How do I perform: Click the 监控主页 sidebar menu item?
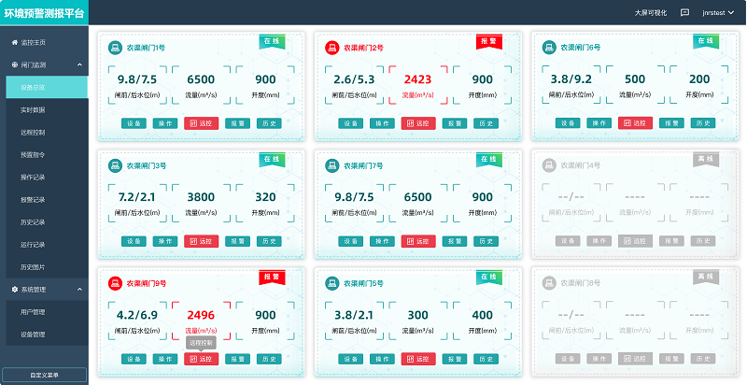[34, 43]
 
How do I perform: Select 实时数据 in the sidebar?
[33, 109]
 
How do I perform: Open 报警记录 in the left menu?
[33, 199]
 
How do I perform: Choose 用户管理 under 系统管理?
[33, 311]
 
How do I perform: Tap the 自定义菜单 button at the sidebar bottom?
[45, 375]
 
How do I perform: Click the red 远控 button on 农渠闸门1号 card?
[201, 122]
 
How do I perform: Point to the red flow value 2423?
[417, 79]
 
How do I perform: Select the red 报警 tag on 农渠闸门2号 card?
[488, 41]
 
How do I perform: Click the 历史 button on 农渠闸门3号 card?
[268, 240]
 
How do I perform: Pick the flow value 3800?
[201, 197]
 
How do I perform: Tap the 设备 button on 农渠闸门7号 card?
[350, 240]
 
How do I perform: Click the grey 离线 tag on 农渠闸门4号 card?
[705, 159]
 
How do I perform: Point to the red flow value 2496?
[201, 315]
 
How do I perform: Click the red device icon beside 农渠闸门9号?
[114, 283]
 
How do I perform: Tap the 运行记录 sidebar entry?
[33, 244]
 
